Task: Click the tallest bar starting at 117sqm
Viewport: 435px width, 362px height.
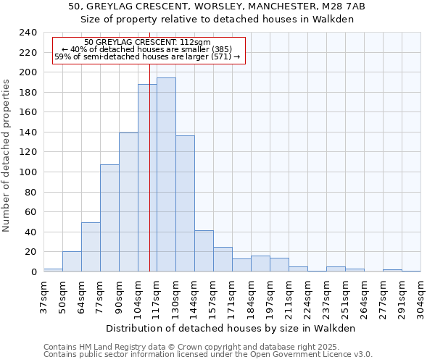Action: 166,174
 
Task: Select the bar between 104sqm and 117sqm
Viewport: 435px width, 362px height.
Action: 147,178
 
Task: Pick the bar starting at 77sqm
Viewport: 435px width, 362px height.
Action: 109,218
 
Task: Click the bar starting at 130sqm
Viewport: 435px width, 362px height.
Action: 185,203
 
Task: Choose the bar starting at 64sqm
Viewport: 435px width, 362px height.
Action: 91,247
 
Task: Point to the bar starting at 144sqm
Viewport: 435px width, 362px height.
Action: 204,251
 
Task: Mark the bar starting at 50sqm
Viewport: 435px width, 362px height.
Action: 72,261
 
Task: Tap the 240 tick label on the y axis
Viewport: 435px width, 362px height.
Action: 28,33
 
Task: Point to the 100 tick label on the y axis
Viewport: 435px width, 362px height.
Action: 28,172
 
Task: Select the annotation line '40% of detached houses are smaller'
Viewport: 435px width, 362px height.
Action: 146,49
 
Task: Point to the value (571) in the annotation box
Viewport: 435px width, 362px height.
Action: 219,56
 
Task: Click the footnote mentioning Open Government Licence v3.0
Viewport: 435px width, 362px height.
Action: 208,355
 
